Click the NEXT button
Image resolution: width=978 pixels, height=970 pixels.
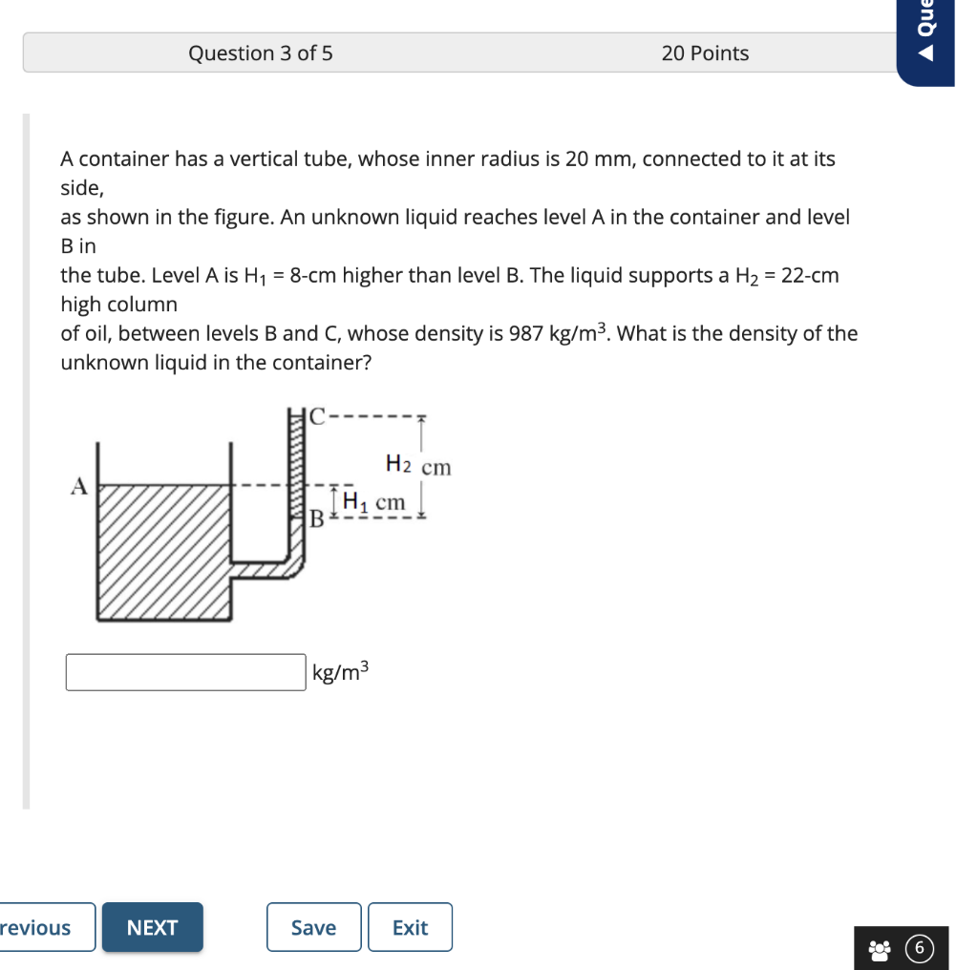(x=152, y=927)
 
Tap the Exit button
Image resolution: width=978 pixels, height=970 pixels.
(x=410, y=927)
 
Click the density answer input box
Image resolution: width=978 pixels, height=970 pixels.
(x=185, y=672)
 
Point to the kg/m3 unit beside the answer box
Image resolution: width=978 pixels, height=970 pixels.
(x=340, y=672)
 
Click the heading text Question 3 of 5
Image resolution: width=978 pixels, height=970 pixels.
(x=260, y=53)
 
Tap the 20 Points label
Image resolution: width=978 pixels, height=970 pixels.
(x=705, y=53)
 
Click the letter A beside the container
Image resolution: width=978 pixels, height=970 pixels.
(x=79, y=487)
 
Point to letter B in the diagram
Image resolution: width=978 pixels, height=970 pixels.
(x=318, y=519)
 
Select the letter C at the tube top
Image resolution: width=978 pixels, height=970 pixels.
(x=317, y=416)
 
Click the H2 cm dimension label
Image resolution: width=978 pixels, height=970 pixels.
(x=418, y=466)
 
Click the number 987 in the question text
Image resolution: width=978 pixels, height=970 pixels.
(x=527, y=334)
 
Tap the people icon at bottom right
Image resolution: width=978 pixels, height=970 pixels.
(x=880, y=949)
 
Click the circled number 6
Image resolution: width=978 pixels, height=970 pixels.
(x=919, y=949)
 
